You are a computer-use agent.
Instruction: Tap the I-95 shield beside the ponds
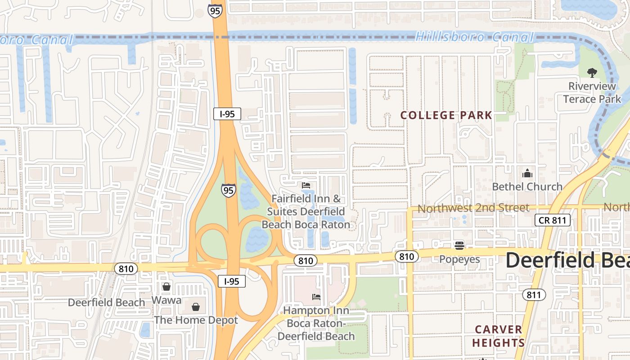pos(228,190)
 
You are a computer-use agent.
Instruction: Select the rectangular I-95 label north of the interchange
pos(227,114)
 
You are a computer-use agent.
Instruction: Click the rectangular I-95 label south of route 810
pos(231,282)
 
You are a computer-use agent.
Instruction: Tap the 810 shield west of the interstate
pos(126,269)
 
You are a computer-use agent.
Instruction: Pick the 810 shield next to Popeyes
pos(406,256)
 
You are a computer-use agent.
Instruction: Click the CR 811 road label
pos(553,220)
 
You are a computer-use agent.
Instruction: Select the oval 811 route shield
pos(534,295)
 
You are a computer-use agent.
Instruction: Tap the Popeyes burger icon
pos(459,246)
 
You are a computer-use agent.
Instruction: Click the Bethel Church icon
pos(527,173)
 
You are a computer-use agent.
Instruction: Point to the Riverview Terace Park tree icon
pos(592,72)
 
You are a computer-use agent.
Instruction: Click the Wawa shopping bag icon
pos(166,287)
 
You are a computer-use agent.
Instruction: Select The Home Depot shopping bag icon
pos(196,307)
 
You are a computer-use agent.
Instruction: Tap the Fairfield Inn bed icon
pos(306,185)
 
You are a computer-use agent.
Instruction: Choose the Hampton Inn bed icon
pos(316,297)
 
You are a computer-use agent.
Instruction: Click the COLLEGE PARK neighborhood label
pos(446,115)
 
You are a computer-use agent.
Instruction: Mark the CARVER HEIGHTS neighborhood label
pos(498,336)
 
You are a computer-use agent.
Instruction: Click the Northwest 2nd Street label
pos(473,208)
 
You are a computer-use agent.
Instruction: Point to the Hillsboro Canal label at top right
pos(474,37)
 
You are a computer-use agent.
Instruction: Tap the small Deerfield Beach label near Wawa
pos(106,302)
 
